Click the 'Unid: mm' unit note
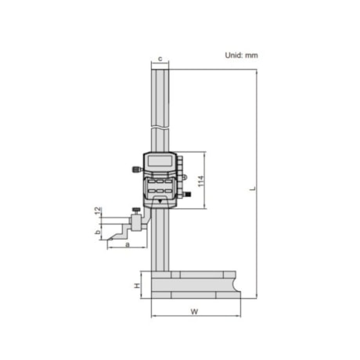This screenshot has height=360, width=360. click(x=241, y=56)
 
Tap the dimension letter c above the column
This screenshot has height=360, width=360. click(x=160, y=59)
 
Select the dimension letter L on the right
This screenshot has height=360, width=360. click(x=253, y=188)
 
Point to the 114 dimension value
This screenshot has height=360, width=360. click(x=200, y=181)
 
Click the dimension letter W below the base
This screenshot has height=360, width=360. click(x=194, y=311)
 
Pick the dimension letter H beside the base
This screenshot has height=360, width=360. click(x=137, y=286)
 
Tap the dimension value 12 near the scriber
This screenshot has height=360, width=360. click(x=98, y=211)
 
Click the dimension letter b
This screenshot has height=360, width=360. click(x=98, y=232)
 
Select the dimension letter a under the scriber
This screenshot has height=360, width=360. click(x=128, y=244)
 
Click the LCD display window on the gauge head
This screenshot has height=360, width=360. click(x=160, y=160)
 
